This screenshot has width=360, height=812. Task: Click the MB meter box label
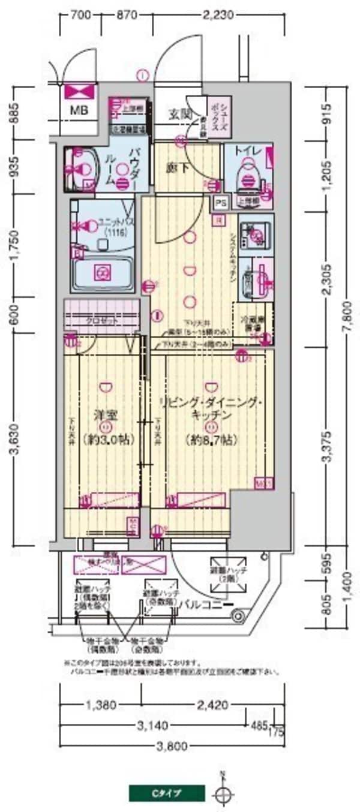coord(78,110)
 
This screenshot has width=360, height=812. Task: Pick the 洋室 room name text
coord(104,414)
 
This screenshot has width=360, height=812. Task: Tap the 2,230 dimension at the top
coord(217,16)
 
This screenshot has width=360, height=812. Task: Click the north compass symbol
coord(223,794)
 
